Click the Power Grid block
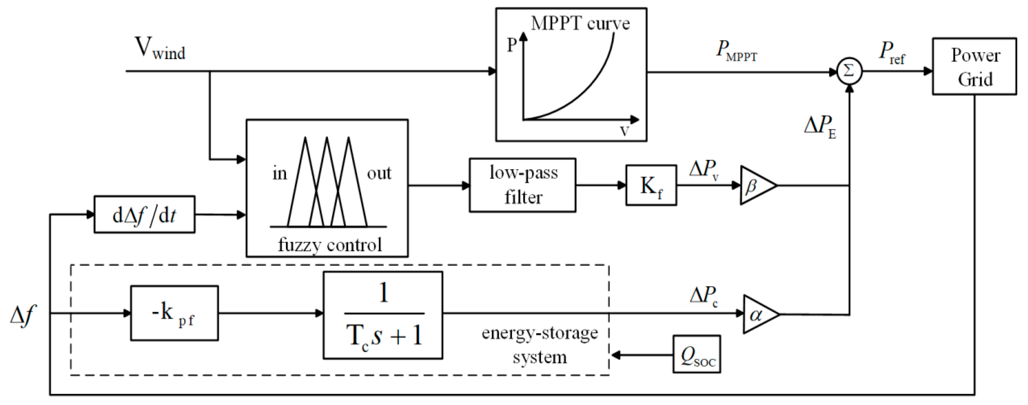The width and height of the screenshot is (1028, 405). pyautogui.click(x=974, y=67)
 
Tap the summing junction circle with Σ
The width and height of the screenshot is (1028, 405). pyautogui.click(x=849, y=72)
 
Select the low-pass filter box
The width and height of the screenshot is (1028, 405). pyautogui.click(x=522, y=185)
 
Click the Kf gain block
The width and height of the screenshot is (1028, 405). pyautogui.click(x=651, y=185)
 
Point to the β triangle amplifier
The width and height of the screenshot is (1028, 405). pyautogui.click(x=755, y=185)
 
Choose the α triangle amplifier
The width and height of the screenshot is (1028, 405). pyautogui.click(x=758, y=314)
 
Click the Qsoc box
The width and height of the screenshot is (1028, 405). pyautogui.click(x=696, y=354)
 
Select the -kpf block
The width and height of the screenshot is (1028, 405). pyautogui.click(x=174, y=313)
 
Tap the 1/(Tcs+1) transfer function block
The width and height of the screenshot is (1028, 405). pyautogui.click(x=383, y=315)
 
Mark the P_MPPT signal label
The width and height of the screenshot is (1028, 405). pyautogui.click(x=736, y=51)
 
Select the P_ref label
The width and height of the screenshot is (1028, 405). pyautogui.click(x=892, y=53)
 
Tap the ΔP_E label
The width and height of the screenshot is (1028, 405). pyautogui.click(x=820, y=127)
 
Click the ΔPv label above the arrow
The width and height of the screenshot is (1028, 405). pyautogui.click(x=704, y=169)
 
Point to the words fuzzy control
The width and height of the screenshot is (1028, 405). pyautogui.click(x=329, y=244)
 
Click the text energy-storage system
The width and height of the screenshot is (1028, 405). pyautogui.click(x=540, y=345)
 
